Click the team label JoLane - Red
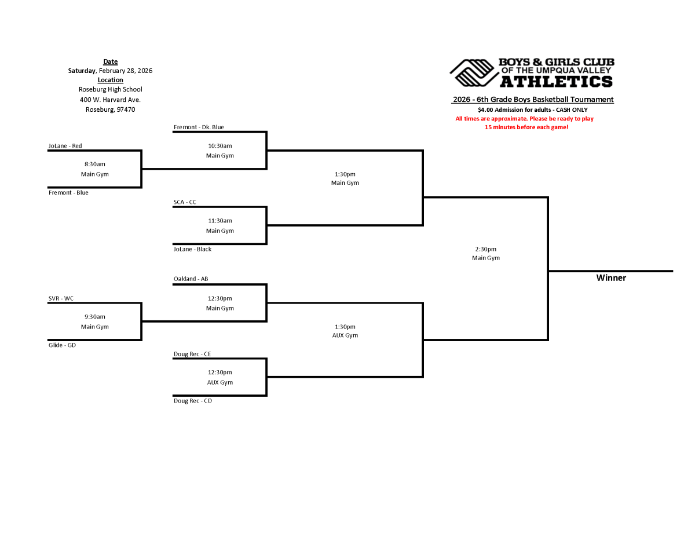click(65, 146)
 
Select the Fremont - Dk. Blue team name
click(199, 127)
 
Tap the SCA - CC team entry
click(185, 202)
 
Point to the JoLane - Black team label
click(192, 249)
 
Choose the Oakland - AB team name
click(191, 279)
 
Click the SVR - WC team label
click(61, 299)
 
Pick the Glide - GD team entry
click(62, 345)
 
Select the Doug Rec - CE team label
click(192, 354)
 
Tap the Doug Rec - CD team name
click(193, 401)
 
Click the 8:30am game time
click(95, 165)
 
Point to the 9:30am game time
click(95, 317)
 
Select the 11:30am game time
click(220, 221)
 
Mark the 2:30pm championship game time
click(485, 249)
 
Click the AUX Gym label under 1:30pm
click(345, 335)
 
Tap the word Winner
click(611, 278)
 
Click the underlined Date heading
click(111, 62)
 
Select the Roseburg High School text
click(111, 90)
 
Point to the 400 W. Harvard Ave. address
click(111, 100)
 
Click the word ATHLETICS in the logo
click(556, 81)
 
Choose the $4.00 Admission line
click(532, 109)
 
